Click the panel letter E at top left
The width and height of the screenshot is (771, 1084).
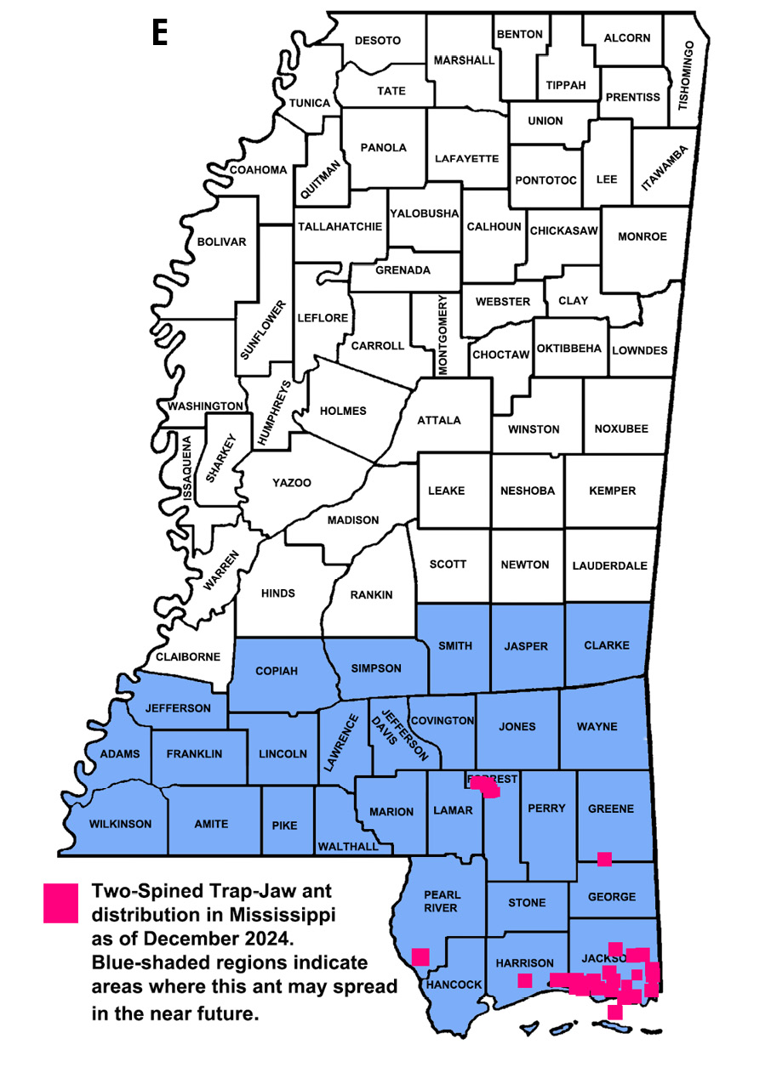click(159, 32)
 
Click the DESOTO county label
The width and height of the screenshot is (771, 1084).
click(377, 41)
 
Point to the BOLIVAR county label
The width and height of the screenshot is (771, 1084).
click(221, 242)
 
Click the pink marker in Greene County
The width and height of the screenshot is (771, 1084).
click(604, 859)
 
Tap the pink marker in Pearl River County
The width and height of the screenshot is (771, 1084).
click(420, 956)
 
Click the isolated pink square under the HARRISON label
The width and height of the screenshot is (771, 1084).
click(525, 980)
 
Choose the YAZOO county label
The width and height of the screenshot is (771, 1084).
click(291, 483)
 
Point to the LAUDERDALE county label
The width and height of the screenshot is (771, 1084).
click(609, 565)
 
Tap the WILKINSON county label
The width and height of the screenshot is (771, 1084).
click(120, 824)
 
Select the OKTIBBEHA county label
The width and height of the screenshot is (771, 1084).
click(569, 349)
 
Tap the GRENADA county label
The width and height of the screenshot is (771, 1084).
click(403, 270)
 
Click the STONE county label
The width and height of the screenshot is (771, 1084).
click(527, 902)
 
